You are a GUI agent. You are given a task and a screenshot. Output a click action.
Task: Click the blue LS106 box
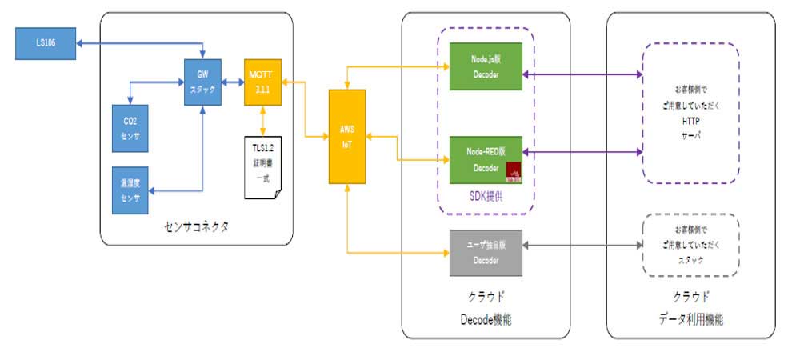pyautogui.click(x=46, y=44)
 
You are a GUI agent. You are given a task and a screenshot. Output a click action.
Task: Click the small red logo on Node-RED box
pyautogui.click(x=512, y=169)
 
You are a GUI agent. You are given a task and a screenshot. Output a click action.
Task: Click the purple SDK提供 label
pyautogui.click(x=484, y=196)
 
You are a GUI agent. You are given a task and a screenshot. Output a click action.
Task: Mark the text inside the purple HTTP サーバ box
pyautogui.click(x=690, y=110)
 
